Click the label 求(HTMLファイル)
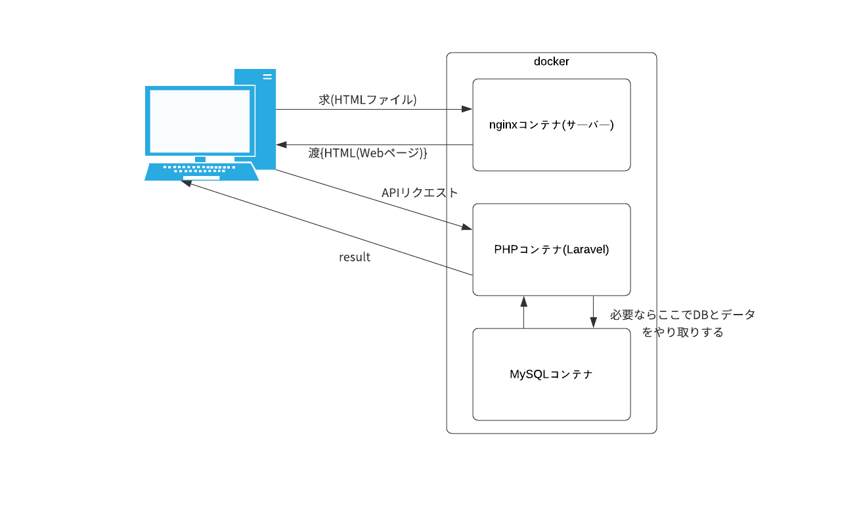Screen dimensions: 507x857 (x=367, y=100)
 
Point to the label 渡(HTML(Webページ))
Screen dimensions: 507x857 (x=367, y=153)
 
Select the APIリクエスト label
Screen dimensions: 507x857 (x=419, y=192)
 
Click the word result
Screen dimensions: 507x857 (x=355, y=257)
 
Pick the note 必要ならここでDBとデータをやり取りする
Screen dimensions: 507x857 (x=682, y=323)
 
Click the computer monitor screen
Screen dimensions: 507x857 (x=200, y=121)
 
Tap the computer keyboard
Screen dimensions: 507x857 (x=201, y=171)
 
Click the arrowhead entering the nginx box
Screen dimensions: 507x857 (x=467, y=109)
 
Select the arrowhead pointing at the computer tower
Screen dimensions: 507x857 (x=282, y=144)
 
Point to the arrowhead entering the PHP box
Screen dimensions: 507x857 (x=466, y=227)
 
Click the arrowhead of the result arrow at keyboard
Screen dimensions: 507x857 (x=187, y=183)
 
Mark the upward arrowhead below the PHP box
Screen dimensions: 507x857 (x=523, y=301)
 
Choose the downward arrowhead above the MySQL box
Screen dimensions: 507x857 (x=593, y=322)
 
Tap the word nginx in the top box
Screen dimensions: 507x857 (x=504, y=125)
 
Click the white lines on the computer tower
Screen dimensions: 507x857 (x=267, y=76)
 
